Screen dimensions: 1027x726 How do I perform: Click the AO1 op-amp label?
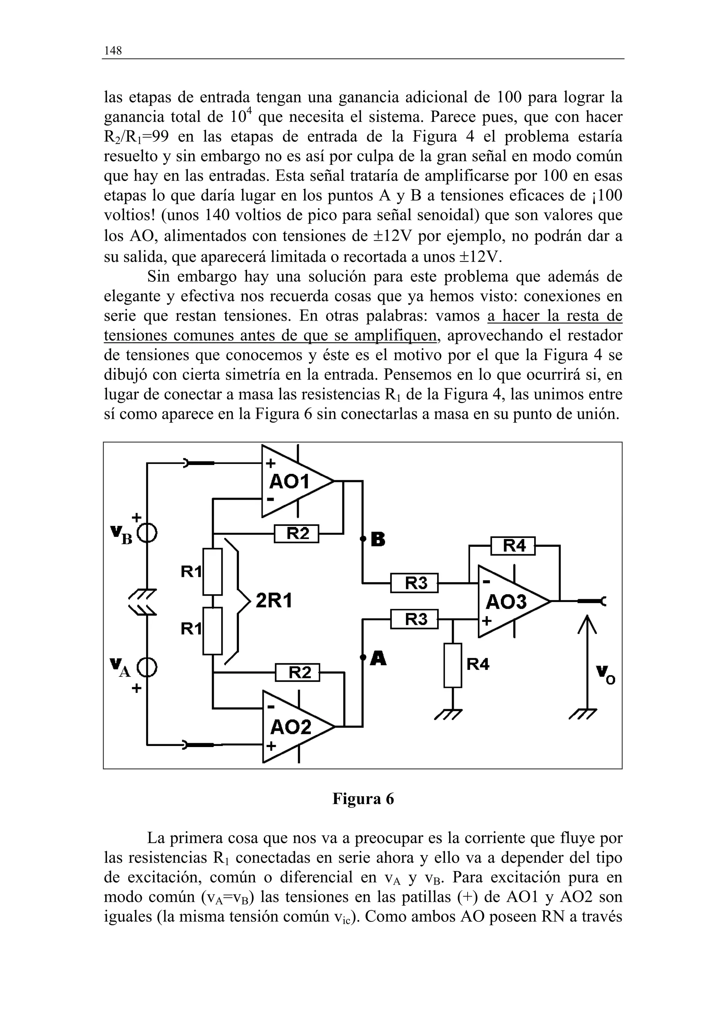click(289, 482)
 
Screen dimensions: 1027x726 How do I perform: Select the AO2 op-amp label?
click(290, 727)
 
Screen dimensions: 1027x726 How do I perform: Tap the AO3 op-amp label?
click(506, 602)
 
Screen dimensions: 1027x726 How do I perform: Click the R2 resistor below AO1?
click(297, 534)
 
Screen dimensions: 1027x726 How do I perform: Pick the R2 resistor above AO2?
click(298, 672)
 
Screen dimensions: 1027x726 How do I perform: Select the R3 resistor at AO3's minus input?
click(415, 583)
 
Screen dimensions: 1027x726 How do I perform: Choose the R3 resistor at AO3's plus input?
click(415, 619)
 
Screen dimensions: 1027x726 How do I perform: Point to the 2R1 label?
click(274, 601)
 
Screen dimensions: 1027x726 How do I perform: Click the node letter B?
click(378, 540)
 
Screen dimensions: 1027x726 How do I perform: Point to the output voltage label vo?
click(605, 675)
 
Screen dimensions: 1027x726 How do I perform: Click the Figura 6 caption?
click(363, 799)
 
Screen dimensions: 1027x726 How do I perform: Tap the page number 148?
click(113, 51)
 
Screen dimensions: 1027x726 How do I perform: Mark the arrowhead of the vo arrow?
click(587, 623)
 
